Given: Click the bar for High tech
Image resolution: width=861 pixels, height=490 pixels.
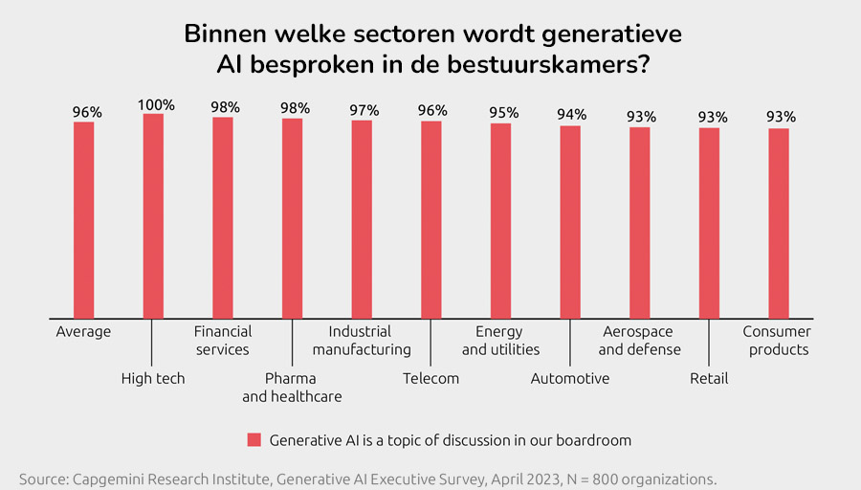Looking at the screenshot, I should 153,215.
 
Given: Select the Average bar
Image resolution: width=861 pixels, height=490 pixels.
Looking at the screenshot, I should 84,219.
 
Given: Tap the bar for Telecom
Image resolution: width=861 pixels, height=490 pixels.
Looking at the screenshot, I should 431,219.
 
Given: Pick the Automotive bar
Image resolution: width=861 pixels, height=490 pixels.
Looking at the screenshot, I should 570,221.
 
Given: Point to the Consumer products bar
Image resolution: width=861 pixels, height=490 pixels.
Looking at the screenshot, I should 779,222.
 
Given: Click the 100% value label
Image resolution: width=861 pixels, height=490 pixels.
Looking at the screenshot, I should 157,105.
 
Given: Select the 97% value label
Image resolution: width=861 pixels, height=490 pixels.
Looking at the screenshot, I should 364,110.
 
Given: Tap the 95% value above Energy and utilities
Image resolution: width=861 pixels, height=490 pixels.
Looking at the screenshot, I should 503,113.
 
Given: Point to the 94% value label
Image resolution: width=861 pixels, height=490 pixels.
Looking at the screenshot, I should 572,115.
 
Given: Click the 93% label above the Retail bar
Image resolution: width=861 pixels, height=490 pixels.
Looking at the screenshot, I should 712,118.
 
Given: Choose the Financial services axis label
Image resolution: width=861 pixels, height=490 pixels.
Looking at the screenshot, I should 223,341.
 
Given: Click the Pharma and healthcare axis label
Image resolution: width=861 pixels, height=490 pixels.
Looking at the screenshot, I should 292,388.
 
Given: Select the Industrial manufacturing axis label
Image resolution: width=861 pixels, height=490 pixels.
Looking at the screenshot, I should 362,341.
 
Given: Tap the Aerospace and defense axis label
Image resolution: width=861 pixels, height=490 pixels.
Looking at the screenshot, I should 639,341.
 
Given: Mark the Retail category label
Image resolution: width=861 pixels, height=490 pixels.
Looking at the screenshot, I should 709,378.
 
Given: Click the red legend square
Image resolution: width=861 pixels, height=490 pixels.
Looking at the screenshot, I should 254,440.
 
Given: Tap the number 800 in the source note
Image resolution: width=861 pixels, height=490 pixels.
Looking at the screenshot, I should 584,479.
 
